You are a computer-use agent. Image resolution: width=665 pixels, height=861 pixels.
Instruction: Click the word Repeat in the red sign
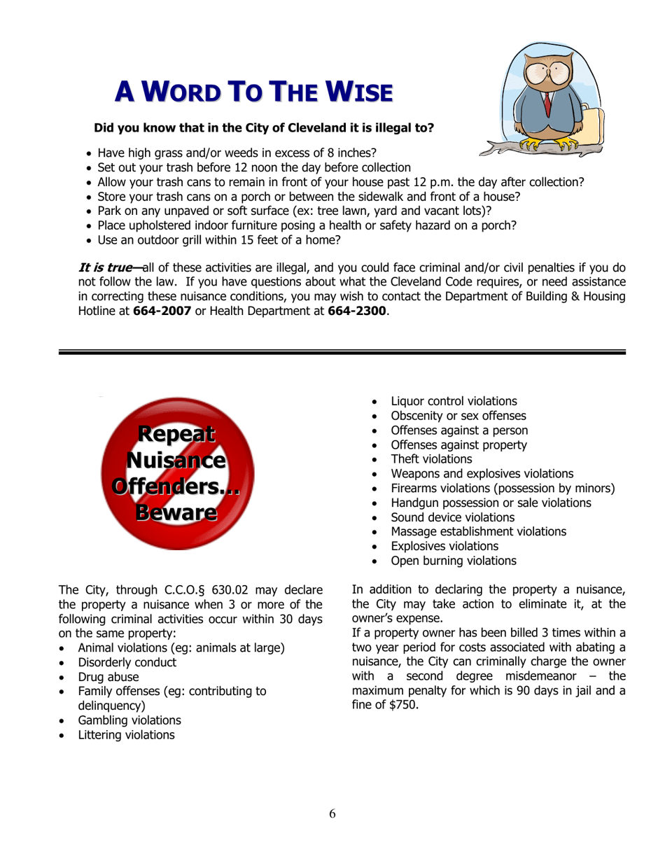tap(175, 435)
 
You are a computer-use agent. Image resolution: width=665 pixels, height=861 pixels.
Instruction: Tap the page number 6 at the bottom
tap(332, 813)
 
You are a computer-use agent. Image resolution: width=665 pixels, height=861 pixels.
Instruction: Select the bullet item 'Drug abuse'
tap(108, 677)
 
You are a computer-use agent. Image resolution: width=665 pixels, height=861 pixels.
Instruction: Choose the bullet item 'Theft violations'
tap(431, 459)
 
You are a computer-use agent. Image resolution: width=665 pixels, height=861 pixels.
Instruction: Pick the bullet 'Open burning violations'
tap(454, 561)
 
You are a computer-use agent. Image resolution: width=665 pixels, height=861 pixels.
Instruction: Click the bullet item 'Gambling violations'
tap(129, 720)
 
